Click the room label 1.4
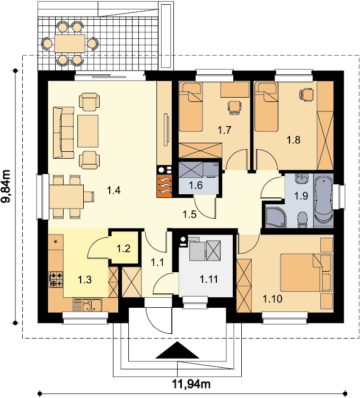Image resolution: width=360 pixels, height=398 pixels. pyautogui.click(x=113, y=190)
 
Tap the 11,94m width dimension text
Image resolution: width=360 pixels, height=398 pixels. pyautogui.click(x=191, y=384)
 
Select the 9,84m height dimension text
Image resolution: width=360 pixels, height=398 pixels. pyautogui.click(x=6, y=186)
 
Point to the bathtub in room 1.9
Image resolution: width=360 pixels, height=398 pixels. pyautogui.click(x=323, y=201)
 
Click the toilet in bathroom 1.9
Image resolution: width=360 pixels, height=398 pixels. pyautogui.click(x=302, y=219)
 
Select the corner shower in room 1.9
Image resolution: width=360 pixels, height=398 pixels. pyautogui.click(x=276, y=217)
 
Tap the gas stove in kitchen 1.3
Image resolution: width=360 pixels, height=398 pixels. pyautogui.click(x=56, y=280)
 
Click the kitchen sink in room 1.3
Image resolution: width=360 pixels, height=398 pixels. pyautogui.click(x=87, y=305)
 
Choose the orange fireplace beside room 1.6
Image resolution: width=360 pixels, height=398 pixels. pyautogui.click(x=164, y=186)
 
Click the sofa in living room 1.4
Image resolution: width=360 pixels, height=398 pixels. pyautogui.click(x=63, y=133)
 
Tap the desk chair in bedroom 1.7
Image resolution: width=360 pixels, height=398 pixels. pyautogui.click(x=234, y=108)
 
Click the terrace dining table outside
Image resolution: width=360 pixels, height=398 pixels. pyautogui.click(x=69, y=44)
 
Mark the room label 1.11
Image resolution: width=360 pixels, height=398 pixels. pyautogui.click(x=209, y=279)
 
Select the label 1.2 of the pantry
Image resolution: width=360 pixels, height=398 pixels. pyautogui.click(x=124, y=248)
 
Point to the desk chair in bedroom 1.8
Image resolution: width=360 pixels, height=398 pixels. pyautogui.click(x=306, y=94)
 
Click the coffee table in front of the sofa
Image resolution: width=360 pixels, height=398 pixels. pyautogui.click(x=87, y=131)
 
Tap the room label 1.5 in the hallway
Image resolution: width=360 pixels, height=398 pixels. pyautogui.click(x=190, y=215)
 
